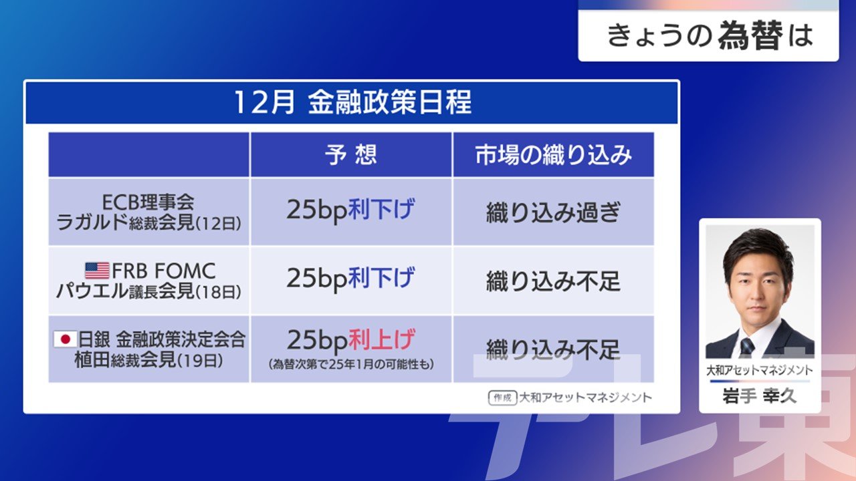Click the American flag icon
tap(97, 271)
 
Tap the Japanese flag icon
tap(65, 339)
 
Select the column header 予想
tap(351, 154)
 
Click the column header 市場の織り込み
tap(553, 155)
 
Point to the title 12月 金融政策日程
tap(352, 102)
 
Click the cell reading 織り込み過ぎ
tap(553, 212)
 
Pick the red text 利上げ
tap(381, 339)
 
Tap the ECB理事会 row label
tap(148, 202)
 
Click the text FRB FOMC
tap(164, 271)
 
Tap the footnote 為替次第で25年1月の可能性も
tap(351, 365)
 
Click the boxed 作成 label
tap(502, 397)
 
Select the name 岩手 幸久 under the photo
tap(760, 396)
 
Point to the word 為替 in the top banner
tap(750, 35)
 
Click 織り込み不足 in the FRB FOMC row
tap(553, 281)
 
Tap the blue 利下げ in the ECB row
tap(381, 209)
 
